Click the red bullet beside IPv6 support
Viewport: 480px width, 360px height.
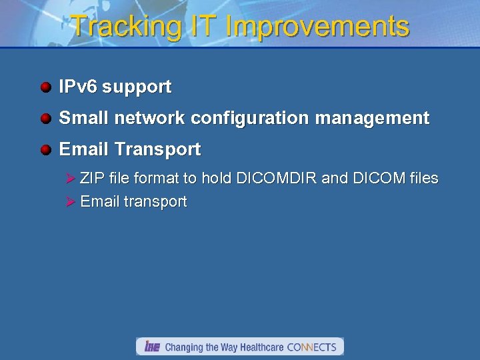(x=45, y=87)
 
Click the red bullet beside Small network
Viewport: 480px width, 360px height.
(x=45, y=119)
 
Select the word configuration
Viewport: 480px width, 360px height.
(x=251, y=119)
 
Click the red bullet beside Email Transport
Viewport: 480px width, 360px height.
(x=45, y=150)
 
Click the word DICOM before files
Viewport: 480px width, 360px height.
(x=379, y=178)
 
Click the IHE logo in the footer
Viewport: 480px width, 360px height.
(x=152, y=347)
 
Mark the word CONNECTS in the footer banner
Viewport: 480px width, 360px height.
(x=311, y=347)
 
